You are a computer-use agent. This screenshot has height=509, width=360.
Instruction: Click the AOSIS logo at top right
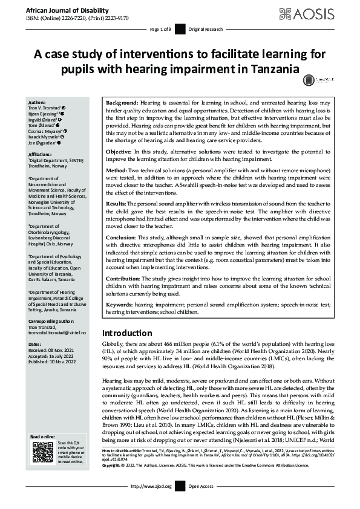tap(319, 13)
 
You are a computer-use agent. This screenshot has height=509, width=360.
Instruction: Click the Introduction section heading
tap(127, 333)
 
